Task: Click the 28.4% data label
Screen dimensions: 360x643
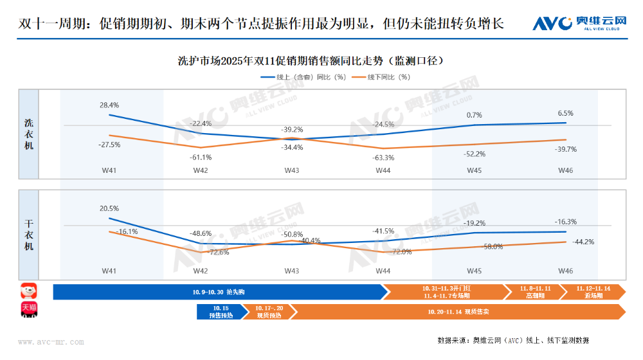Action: pyautogui.click(x=109, y=105)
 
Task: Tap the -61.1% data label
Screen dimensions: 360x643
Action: pyautogui.click(x=201, y=157)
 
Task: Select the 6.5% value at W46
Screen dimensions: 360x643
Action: pyautogui.click(x=566, y=113)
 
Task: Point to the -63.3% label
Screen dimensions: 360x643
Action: pyautogui.click(x=383, y=157)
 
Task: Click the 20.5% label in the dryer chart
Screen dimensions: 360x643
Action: pyautogui.click(x=109, y=208)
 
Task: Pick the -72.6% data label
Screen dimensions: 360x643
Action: pyautogui.click(x=219, y=253)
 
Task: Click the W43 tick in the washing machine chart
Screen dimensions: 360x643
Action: pyautogui.click(x=292, y=170)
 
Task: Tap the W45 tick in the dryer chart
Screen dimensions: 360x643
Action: pyautogui.click(x=475, y=271)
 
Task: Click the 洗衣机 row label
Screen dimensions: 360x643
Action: pyautogui.click(x=29, y=134)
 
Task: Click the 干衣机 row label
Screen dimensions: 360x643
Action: pyautogui.click(x=29, y=235)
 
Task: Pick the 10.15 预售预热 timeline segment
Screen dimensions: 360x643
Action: pyautogui.click(x=221, y=312)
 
